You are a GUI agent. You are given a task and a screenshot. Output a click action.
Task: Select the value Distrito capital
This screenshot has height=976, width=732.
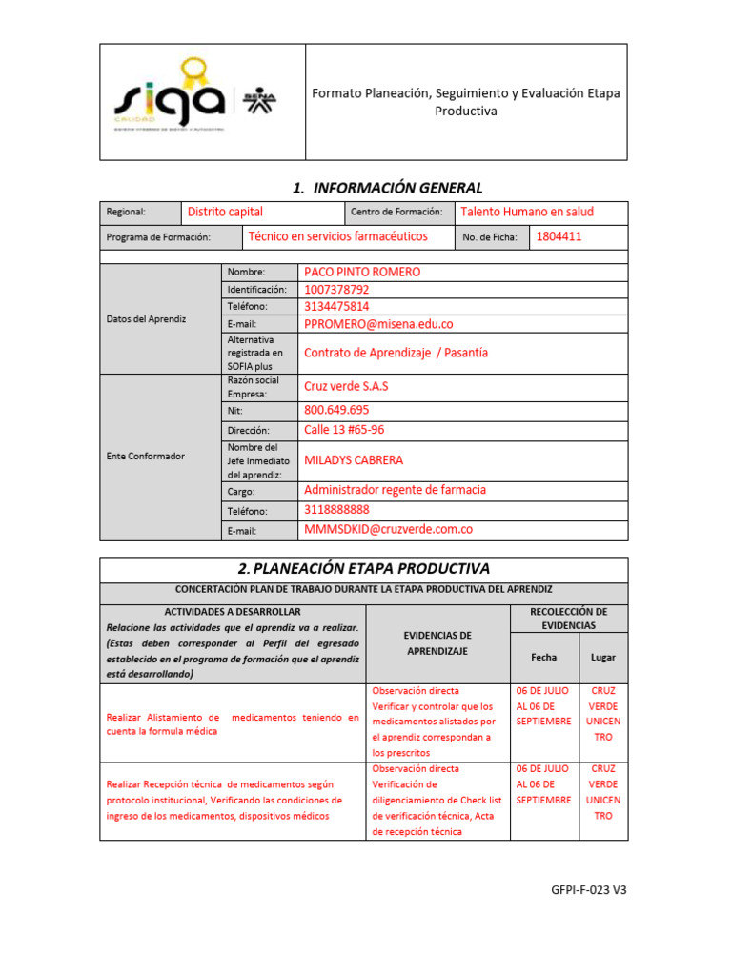coord(225,212)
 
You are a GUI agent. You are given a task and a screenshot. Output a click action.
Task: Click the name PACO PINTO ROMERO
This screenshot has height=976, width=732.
coord(361,272)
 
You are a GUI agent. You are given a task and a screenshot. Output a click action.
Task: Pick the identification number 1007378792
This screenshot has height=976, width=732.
coord(336,289)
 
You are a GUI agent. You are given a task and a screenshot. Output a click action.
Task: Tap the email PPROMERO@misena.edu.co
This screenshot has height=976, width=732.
coord(378,324)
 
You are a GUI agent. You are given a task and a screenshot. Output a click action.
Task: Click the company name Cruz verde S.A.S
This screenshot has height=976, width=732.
coord(346,386)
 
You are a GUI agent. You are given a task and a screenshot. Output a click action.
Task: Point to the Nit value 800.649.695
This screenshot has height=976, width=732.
coord(336,410)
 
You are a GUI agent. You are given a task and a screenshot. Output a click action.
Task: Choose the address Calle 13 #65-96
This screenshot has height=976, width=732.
coord(344,430)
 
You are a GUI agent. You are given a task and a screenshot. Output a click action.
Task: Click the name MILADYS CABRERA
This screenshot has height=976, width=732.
coord(353,459)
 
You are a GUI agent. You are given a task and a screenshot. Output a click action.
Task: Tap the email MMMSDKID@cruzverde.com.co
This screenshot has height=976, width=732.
coord(388,529)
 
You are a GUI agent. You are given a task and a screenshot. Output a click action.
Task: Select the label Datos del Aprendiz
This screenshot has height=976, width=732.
coord(146,318)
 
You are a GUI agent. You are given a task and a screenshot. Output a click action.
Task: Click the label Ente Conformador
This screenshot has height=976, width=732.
coord(145,456)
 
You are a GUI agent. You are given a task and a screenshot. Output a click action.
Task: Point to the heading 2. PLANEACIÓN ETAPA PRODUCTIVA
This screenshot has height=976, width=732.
coord(363,568)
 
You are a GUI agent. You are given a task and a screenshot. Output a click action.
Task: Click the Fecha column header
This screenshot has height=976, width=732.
coord(544,657)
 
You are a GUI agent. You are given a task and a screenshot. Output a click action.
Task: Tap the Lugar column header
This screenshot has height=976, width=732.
coord(602,657)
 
